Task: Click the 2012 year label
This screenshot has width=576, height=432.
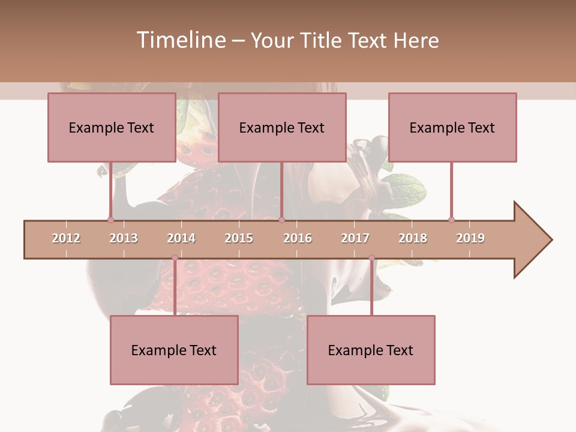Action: coord(66,238)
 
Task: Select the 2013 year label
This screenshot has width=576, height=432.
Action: coord(124,238)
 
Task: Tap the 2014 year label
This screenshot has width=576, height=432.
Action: coord(181,238)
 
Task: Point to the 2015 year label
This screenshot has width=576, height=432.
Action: coord(239,238)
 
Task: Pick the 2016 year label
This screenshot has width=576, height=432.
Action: coord(298,238)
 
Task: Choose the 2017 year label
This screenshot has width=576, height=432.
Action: coord(355,238)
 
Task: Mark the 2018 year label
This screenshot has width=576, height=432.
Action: coord(413,238)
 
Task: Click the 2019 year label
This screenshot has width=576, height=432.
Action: coord(470,238)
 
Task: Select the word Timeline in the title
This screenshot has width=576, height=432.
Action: coord(180,40)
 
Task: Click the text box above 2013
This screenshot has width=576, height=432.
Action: coord(112,127)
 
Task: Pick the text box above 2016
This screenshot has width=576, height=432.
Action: coord(282,127)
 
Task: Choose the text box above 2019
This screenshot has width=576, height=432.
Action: coord(452,127)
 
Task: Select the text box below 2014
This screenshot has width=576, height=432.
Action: coord(174,350)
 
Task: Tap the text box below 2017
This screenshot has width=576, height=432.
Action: coord(371,350)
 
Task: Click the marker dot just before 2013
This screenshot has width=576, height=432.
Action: coord(110,220)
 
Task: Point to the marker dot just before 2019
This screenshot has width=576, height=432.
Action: coord(451,220)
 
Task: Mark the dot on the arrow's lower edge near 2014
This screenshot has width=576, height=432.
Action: coord(175,258)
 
